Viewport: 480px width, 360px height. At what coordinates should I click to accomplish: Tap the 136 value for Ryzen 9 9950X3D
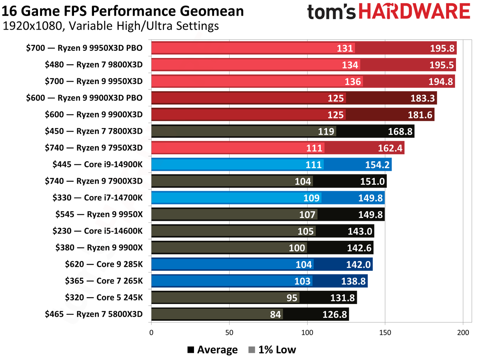pyautogui.click(x=353, y=82)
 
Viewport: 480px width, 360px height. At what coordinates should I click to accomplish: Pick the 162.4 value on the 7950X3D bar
pyautogui.click(x=390, y=148)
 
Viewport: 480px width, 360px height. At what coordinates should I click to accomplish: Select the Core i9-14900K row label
pyautogui.click(x=97, y=164)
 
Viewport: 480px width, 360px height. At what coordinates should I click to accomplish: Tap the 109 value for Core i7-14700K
pyautogui.click(x=312, y=198)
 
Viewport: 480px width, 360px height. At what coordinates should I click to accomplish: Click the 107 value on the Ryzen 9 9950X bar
pyautogui.click(x=308, y=214)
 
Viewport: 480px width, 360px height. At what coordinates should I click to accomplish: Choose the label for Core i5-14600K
pyautogui.click(x=97, y=231)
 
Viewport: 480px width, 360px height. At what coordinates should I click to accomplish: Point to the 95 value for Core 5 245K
pyautogui.click(x=292, y=298)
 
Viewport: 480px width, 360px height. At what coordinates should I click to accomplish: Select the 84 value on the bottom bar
pyautogui.click(x=275, y=314)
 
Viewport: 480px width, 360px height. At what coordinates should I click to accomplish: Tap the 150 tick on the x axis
pyautogui.click(x=385, y=332)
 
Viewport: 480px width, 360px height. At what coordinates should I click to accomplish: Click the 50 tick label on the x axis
pyautogui.click(x=229, y=332)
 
